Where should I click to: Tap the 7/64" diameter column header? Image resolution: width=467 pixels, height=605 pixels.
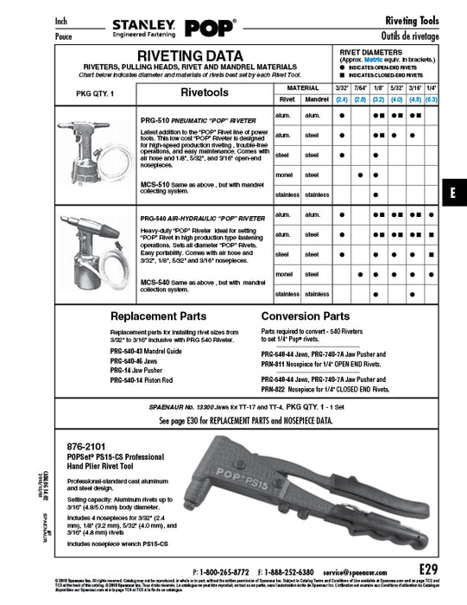click(362, 89)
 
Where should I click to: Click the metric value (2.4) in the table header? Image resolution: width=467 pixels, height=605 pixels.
click(341, 100)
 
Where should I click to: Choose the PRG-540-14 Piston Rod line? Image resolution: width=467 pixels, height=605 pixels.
click(142, 380)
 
